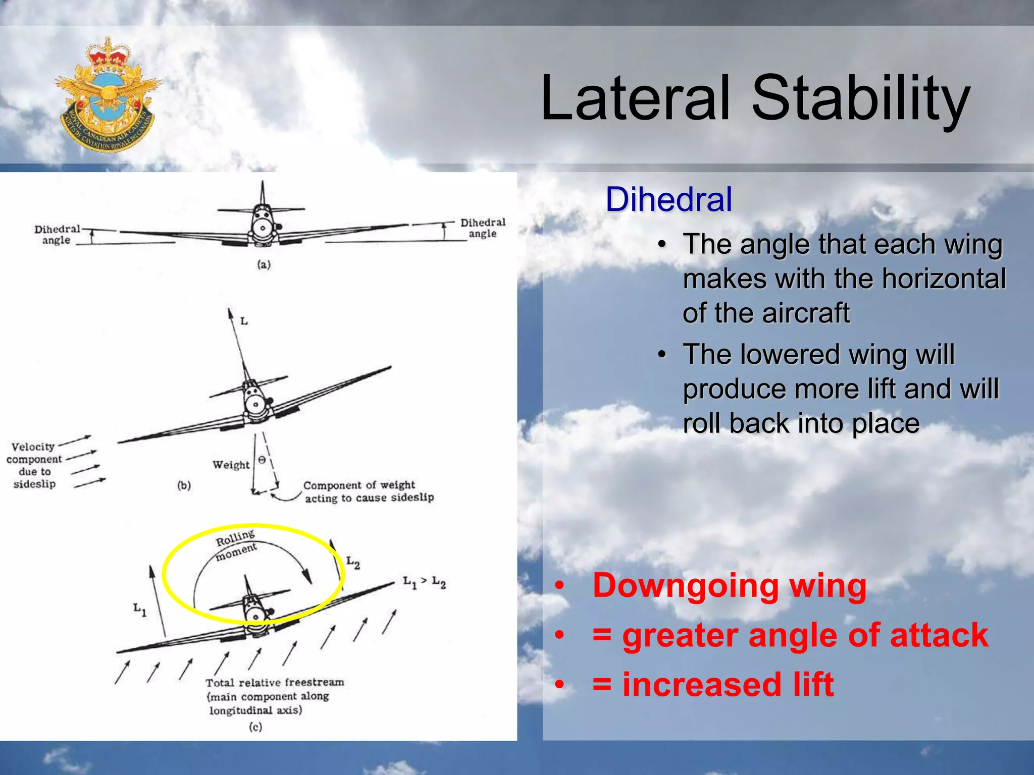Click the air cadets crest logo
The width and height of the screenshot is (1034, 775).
pyautogui.click(x=108, y=94)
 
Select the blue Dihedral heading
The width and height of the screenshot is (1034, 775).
pyautogui.click(x=668, y=199)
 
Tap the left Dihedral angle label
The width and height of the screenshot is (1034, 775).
pyautogui.click(x=57, y=235)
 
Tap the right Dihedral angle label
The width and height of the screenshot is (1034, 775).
pyautogui.click(x=482, y=228)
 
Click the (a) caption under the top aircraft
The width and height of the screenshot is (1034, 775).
pyautogui.click(x=264, y=264)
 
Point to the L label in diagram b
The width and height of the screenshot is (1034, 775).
pyautogui.click(x=244, y=321)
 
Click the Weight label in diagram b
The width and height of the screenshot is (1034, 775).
pyautogui.click(x=231, y=465)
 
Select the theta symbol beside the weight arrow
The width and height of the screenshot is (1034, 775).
pyautogui.click(x=262, y=460)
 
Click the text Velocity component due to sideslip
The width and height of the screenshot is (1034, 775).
pyautogui.click(x=34, y=465)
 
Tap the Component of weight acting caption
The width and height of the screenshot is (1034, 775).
pyautogui.click(x=368, y=491)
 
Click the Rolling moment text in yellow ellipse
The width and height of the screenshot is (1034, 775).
pyautogui.click(x=236, y=544)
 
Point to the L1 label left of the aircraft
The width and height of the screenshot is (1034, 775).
pyautogui.click(x=140, y=610)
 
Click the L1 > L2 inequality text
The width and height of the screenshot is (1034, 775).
pyautogui.click(x=424, y=582)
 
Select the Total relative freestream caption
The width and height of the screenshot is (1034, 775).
pyautogui.click(x=274, y=696)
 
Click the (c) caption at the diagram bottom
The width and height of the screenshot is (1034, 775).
pyautogui.click(x=255, y=727)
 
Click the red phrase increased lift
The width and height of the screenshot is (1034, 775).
pyautogui.click(x=728, y=685)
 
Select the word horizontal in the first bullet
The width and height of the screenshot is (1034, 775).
pyautogui.click(x=944, y=279)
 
